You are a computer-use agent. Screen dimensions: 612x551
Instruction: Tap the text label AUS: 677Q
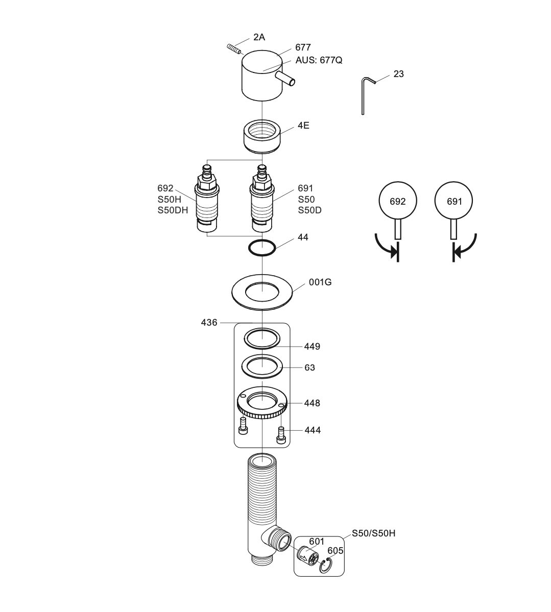click(319, 60)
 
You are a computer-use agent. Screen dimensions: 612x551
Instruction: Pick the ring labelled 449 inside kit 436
click(262, 338)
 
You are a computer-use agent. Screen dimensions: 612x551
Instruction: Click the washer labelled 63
click(262, 366)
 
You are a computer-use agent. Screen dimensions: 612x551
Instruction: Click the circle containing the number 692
click(397, 201)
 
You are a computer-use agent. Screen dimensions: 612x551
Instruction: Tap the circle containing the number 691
click(454, 201)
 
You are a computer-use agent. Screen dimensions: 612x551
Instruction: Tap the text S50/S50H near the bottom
click(373, 533)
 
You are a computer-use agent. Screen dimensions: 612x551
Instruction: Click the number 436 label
click(209, 323)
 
